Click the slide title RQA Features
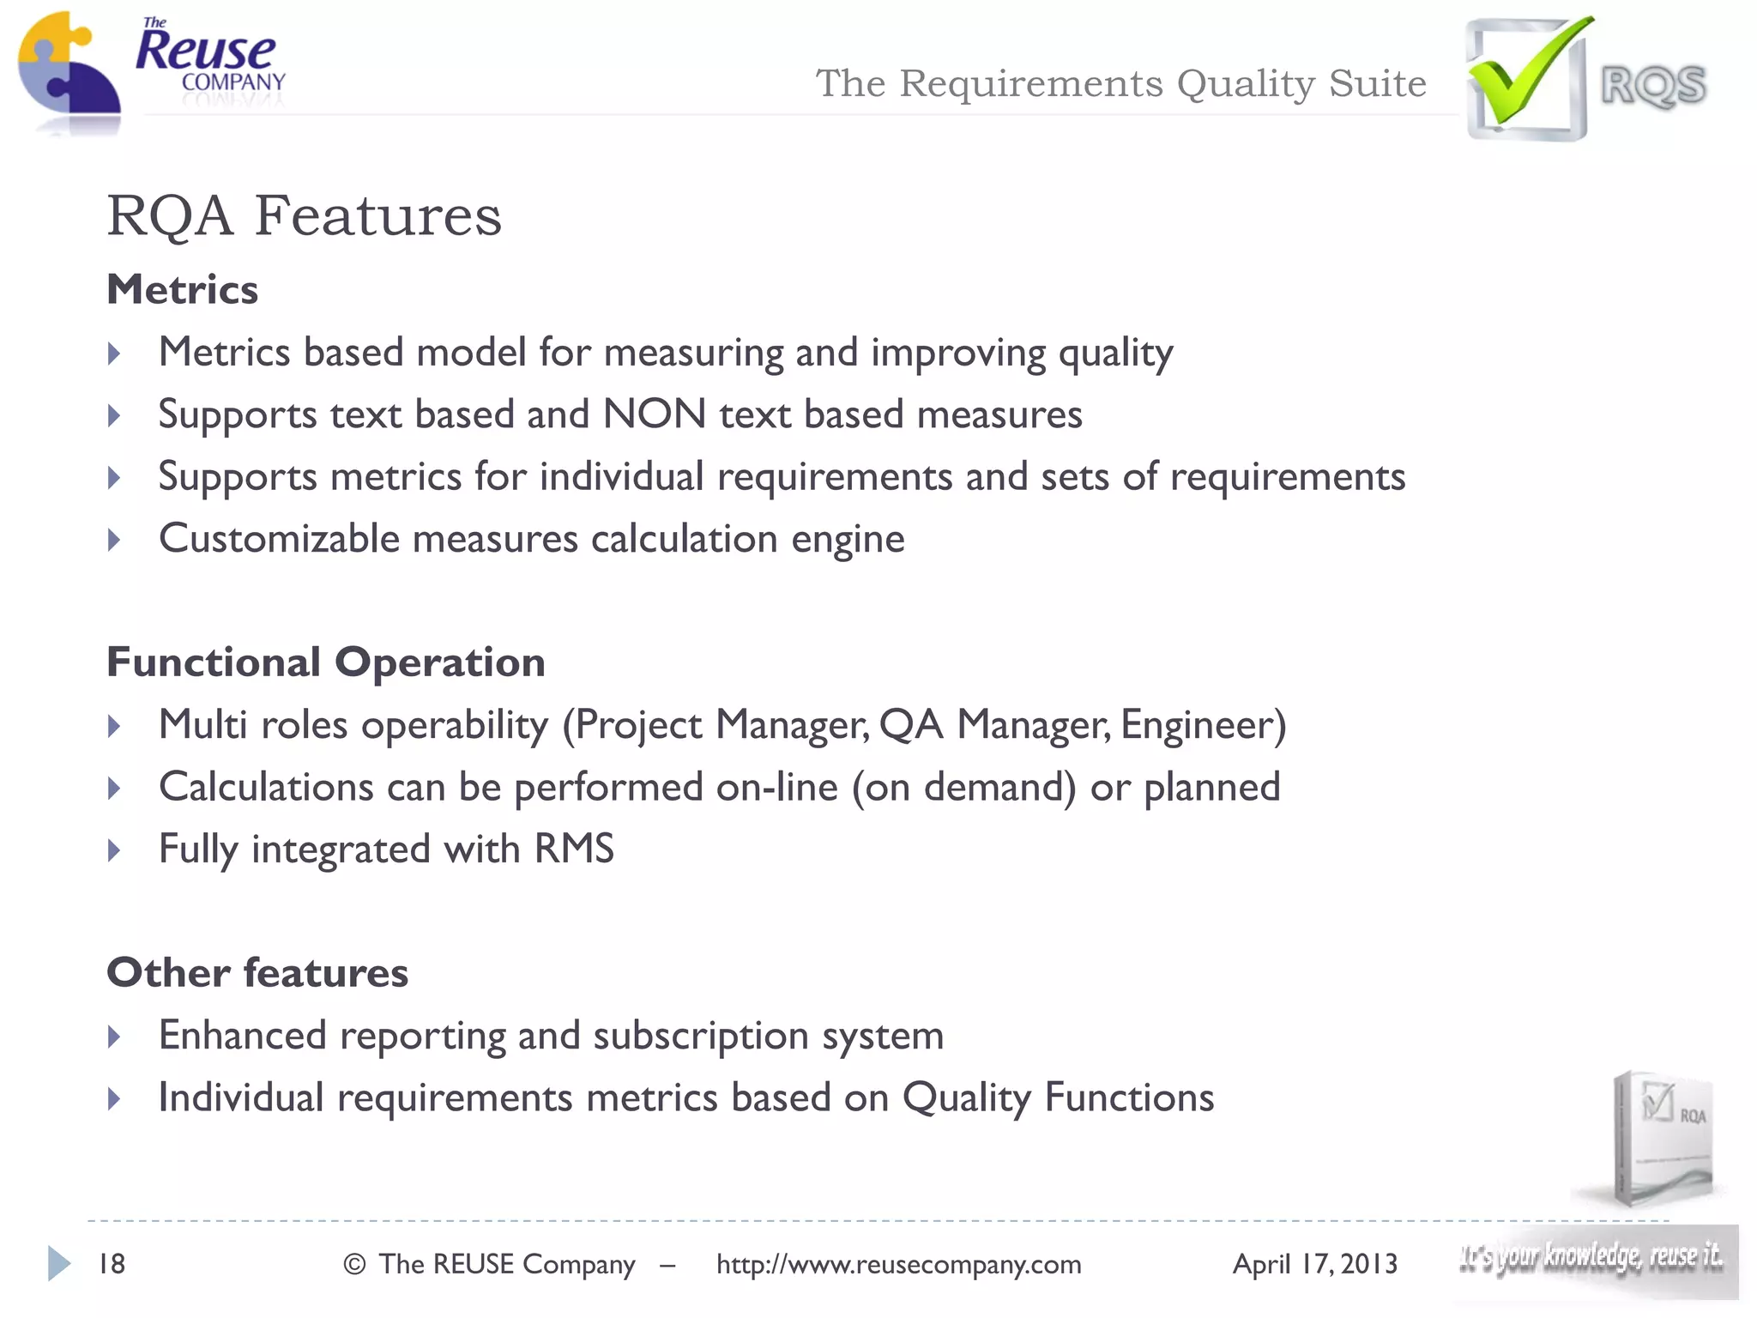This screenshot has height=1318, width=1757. point(304,215)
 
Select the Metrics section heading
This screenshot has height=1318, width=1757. point(182,289)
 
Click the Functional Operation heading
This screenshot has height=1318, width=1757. point(325,662)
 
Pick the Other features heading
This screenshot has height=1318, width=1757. point(257,973)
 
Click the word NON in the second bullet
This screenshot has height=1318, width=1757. point(655,414)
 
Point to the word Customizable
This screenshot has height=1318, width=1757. point(279,539)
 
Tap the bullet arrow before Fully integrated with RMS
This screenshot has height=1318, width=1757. point(114,851)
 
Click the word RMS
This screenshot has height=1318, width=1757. point(574,849)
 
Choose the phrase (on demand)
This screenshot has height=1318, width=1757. point(963,788)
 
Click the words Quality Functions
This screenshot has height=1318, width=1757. point(1058,1098)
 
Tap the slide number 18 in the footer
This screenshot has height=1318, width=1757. point(112,1264)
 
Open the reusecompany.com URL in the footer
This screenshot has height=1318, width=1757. point(898,1265)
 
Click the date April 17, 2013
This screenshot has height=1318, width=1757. point(1314,1265)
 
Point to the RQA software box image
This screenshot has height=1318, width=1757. point(1660,1137)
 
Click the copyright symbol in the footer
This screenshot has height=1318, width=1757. point(354,1265)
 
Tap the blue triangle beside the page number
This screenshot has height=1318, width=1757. point(58,1263)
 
